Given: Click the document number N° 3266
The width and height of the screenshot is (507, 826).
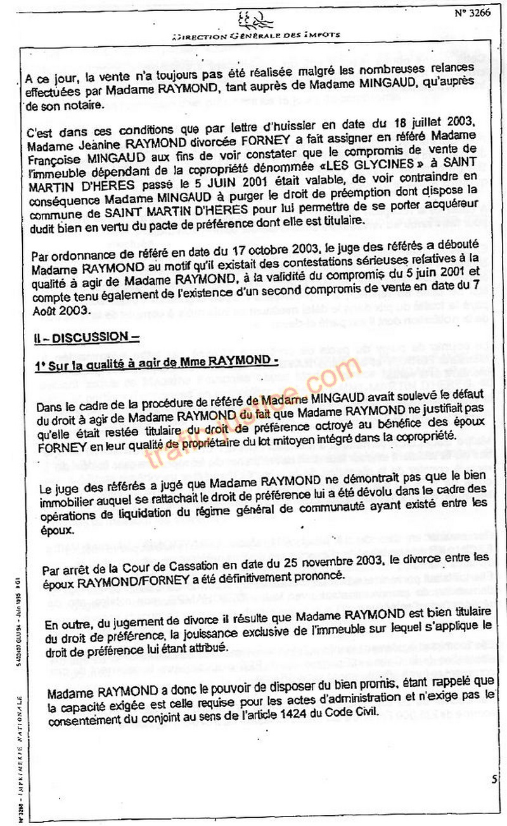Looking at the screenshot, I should (x=473, y=13).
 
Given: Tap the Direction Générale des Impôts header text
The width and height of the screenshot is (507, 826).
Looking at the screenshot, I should (x=287, y=35).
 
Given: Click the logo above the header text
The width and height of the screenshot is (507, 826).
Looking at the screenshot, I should (x=255, y=20).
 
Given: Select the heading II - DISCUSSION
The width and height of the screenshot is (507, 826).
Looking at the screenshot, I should (x=86, y=337).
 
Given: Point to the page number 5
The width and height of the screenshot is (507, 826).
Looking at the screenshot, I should (x=494, y=779).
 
